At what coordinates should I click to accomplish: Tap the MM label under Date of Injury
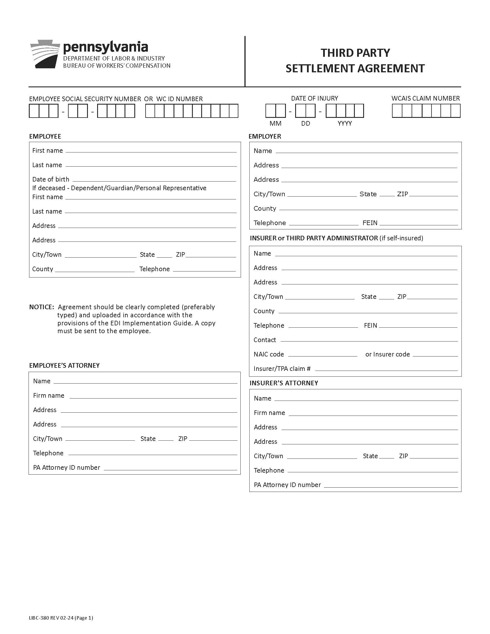tap(275, 124)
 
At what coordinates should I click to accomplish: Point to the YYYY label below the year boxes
tap(344, 124)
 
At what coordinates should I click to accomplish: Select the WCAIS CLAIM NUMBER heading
tap(425, 98)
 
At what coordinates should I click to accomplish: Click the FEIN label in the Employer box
tap(370, 223)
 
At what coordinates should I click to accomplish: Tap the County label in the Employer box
tap(264, 208)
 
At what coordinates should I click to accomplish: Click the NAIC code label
tap(269, 354)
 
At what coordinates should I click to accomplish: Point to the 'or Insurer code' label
tap(387, 354)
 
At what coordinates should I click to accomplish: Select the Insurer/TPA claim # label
tap(282, 369)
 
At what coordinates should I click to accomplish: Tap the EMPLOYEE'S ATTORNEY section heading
tap(64, 365)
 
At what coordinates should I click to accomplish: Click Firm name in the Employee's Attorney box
tap(48, 395)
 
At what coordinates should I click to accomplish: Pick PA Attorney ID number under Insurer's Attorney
tap(287, 485)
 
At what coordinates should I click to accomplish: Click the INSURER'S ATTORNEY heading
tap(284, 383)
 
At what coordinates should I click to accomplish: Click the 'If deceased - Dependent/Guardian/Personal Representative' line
tap(119, 188)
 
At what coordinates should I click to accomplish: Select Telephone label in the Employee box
tap(154, 269)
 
